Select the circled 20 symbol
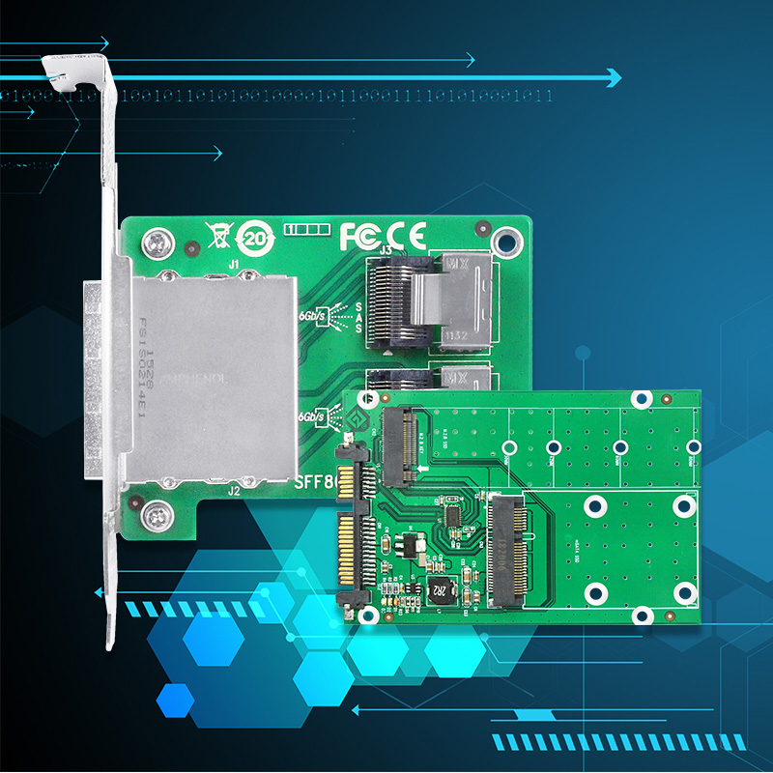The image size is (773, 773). click(254, 237)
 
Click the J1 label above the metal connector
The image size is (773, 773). click(233, 264)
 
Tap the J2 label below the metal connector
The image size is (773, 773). click(233, 491)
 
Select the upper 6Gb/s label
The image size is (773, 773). click(312, 316)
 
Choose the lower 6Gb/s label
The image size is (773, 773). click(312, 415)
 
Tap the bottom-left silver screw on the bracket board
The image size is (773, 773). click(153, 518)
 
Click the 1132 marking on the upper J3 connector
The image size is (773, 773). click(455, 335)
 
